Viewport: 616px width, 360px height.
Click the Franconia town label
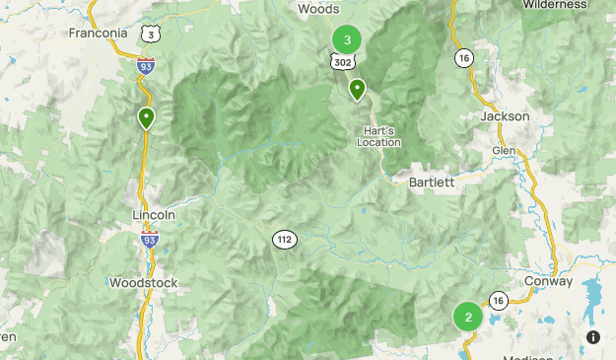[99, 33]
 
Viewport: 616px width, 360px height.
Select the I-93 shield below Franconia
[146, 66]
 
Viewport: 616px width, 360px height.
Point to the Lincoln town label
[154, 214]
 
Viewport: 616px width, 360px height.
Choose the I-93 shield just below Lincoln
[150, 238]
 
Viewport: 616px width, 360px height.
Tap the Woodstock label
[143, 283]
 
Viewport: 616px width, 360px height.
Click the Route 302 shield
[342, 61]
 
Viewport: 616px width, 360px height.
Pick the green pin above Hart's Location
[357, 90]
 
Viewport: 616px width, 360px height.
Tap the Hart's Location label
[379, 136]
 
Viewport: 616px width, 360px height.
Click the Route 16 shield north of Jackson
[464, 58]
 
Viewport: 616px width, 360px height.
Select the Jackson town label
[505, 116]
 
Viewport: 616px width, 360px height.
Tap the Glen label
[504, 149]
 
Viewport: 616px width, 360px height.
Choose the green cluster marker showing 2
[468, 318]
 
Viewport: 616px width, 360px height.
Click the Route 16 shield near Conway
[499, 300]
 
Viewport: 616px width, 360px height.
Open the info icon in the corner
[593, 336]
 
